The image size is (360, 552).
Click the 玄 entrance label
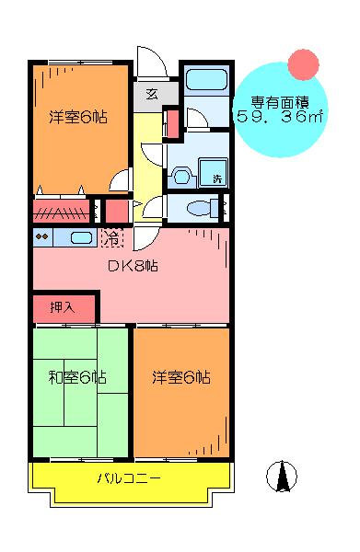[152, 95]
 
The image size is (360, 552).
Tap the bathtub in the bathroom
[206, 79]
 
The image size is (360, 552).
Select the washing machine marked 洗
[213, 173]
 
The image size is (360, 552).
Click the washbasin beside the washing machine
[181, 176]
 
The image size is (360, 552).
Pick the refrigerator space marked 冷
[112, 237]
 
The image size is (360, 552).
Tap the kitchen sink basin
[81, 237]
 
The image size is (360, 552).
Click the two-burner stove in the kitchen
[42, 237]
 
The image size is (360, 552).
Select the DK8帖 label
[133, 266]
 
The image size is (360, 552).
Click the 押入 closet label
[63, 307]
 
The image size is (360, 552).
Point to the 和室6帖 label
[77, 377]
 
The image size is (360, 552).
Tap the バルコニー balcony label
[129, 478]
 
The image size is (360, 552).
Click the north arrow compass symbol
[282, 477]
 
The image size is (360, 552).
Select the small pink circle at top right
[303, 64]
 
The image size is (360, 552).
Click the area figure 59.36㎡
[280, 117]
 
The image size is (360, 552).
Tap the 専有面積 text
[280, 102]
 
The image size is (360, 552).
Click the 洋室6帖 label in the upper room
[78, 117]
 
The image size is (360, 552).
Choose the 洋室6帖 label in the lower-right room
[181, 377]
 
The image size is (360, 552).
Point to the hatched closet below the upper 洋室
[62, 212]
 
